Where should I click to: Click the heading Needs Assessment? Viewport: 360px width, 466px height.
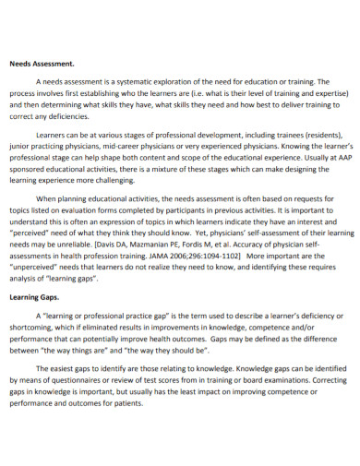pyautogui.click(x=41, y=65)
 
